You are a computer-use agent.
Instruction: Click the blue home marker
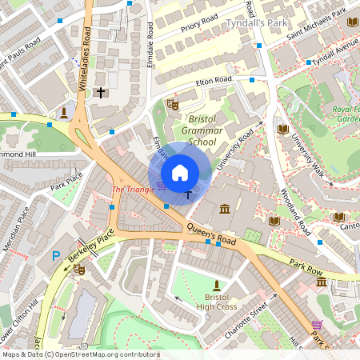pyautogui.click(x=179, y=171)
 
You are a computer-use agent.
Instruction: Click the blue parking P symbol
pyautogui.click(x=55, y=256)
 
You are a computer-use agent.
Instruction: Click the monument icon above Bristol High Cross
pyautogui.click(x=215, y=286)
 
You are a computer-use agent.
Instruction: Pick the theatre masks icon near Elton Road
pyautogui.click(x=172, y=104)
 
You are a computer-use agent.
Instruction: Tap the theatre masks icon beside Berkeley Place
pyautogui.click(x=79, y=270)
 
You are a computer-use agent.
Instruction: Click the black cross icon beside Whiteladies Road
pyautogui.click(x=101, y=92)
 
